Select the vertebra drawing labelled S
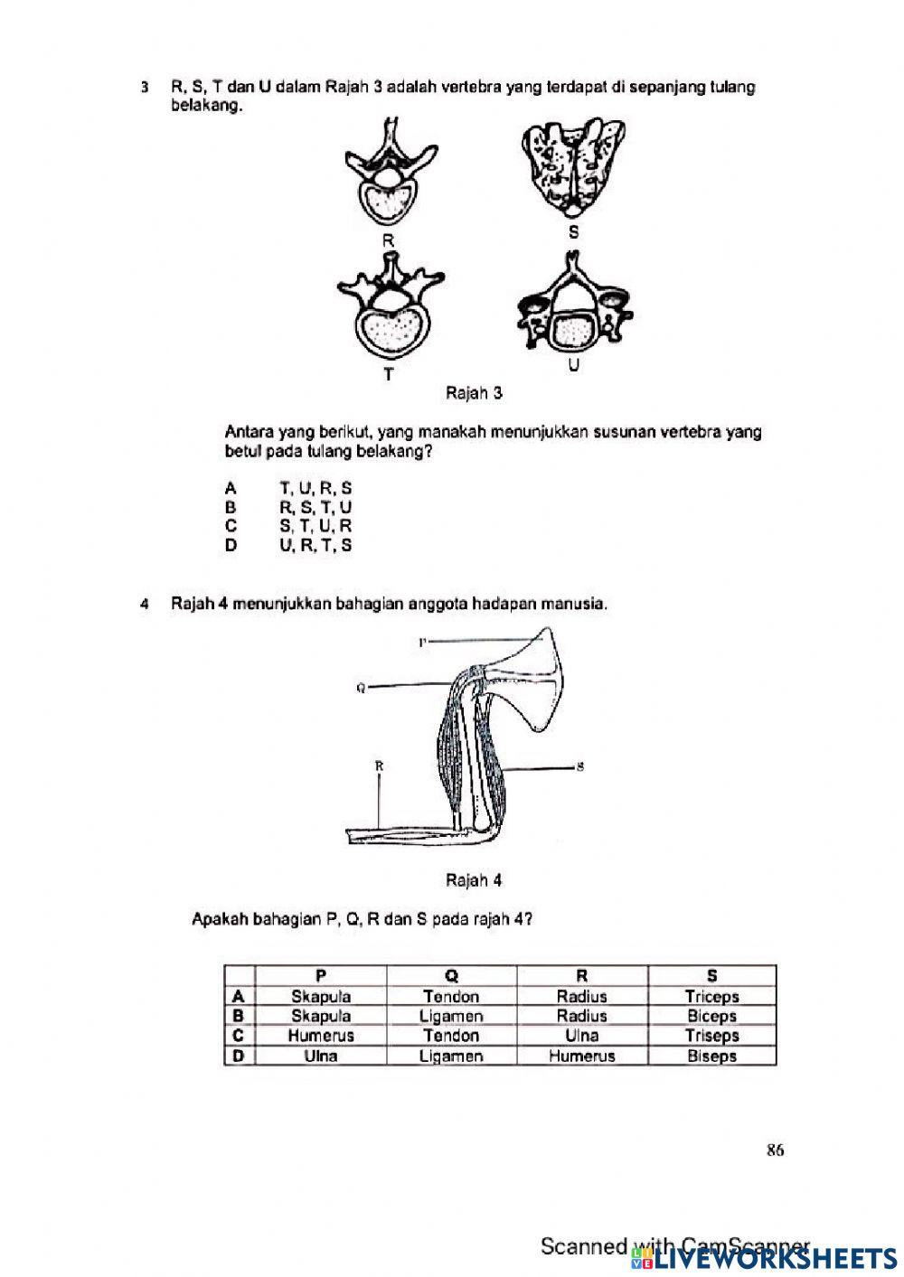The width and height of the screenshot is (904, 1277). (575, 167)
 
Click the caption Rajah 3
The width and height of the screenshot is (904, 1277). (474, 393)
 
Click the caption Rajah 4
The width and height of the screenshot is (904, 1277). (474, 880)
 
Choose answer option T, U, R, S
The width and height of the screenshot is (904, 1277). (315, 488)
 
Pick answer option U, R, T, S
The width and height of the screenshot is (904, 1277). (315, 545)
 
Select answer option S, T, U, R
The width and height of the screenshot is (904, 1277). (315, 526)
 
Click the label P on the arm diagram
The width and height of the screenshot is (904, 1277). (422, 642)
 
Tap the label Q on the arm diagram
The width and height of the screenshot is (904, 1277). (361, 688)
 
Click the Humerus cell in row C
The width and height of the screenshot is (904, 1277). (321, 1036)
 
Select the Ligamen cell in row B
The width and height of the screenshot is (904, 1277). (451, 1016)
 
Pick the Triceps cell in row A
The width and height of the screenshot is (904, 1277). (711, 997)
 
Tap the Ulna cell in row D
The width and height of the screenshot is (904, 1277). (321, 1056)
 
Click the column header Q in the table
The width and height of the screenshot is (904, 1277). (451, 976)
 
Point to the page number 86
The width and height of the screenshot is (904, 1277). (775, 1150)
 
